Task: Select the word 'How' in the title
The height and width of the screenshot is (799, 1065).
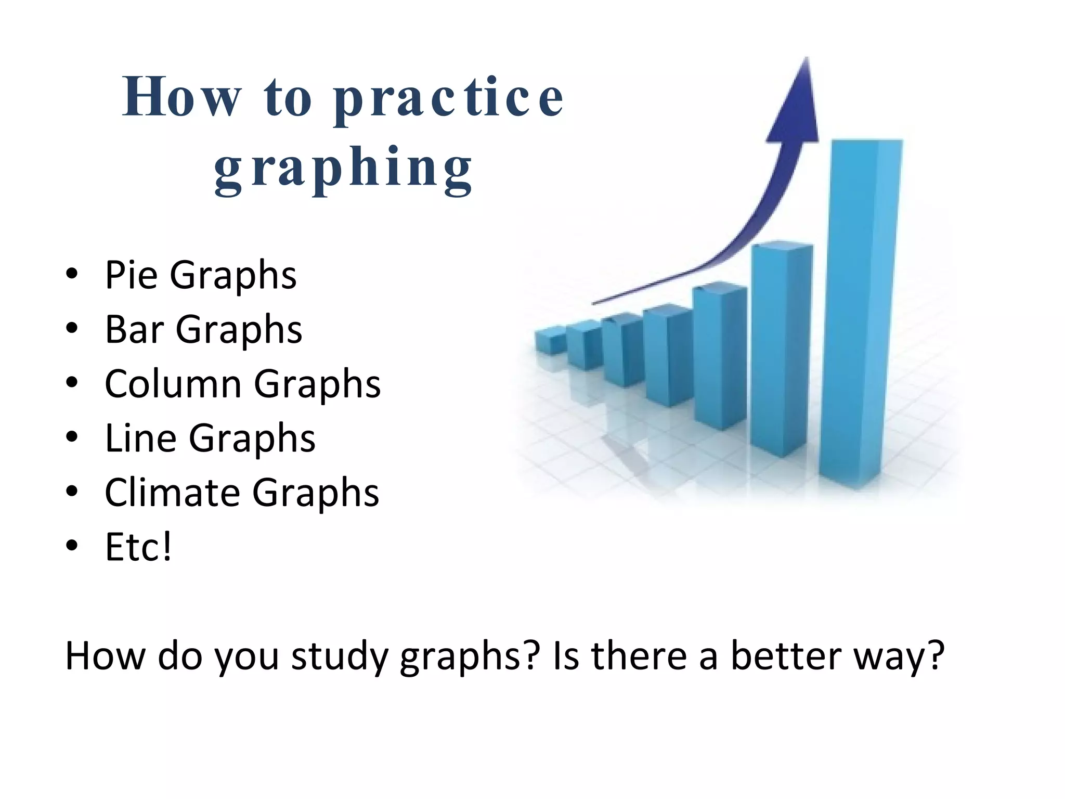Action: [x=182, y=97]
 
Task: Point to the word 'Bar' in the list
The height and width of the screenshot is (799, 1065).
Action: [x=134, y=329]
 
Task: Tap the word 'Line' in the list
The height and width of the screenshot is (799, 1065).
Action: [x=140, y=439]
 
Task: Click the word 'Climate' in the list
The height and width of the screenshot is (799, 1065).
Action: [x=172, y=493]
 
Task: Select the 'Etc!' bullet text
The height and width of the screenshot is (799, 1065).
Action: [x=138, y=547]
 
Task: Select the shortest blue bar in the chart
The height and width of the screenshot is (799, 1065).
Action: [x=550, y=341]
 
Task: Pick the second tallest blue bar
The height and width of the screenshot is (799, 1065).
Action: [x=780, y=349]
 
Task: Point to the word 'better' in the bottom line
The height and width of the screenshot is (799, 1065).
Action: [x=786, y=655]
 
